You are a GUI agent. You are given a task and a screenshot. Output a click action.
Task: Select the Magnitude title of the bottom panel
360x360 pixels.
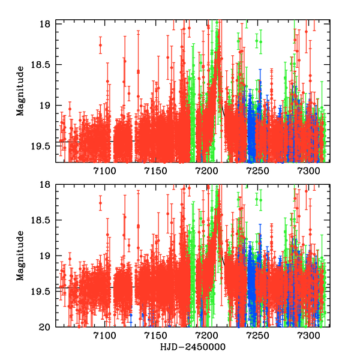click(x=20, y=256)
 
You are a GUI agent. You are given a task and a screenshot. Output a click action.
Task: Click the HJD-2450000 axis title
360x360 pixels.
click(x=193, y=347)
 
